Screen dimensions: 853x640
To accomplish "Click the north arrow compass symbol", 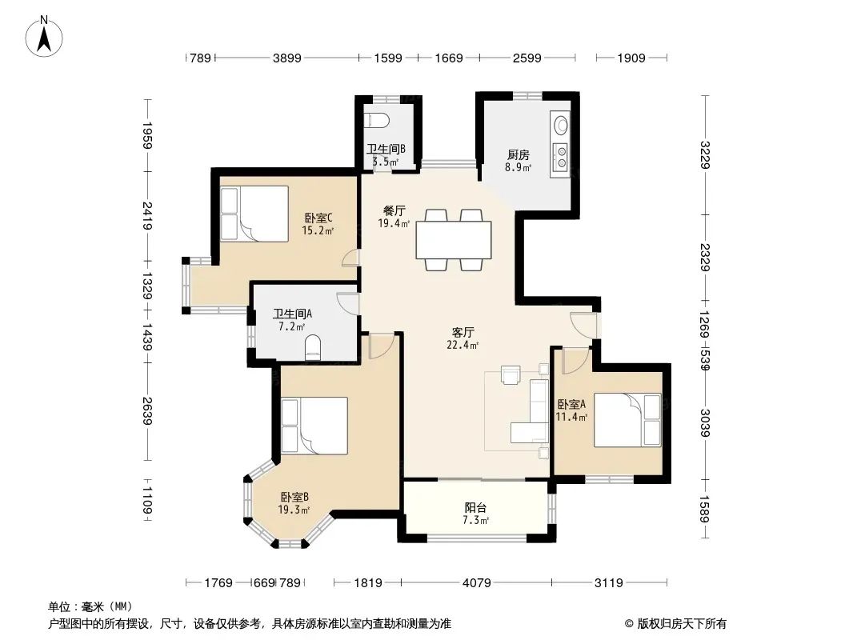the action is click(x=44, y=37).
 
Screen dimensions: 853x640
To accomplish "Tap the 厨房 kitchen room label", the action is click(x=518, y=155).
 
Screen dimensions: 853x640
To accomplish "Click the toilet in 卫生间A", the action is click(x=313, y=348).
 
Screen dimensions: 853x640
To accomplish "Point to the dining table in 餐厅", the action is click(x=454, y=240).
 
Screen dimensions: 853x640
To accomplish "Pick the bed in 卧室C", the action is click(x=254, y=214).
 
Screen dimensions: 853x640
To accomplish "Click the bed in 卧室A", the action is click(x=627, y=420).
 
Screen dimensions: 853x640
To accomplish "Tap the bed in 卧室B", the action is click(x=314, y=426).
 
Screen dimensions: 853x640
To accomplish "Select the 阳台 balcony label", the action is click(x=475, y=507).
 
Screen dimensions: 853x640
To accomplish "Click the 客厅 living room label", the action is click(x=463, y=332).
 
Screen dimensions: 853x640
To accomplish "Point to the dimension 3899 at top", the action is click(x=286, y=58).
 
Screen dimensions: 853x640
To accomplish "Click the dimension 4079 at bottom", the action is click(x=477, y=583).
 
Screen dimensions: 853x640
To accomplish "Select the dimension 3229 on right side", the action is click(x=705, y=155).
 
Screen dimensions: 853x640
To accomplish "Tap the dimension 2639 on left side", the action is click(x=147, y=411).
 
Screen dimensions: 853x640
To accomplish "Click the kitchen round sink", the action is click(x=560, y=126).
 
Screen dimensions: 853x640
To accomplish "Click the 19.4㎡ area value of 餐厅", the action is click(x=394, y=223).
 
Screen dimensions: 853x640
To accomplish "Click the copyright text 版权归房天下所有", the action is click(x=682, y=624).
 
